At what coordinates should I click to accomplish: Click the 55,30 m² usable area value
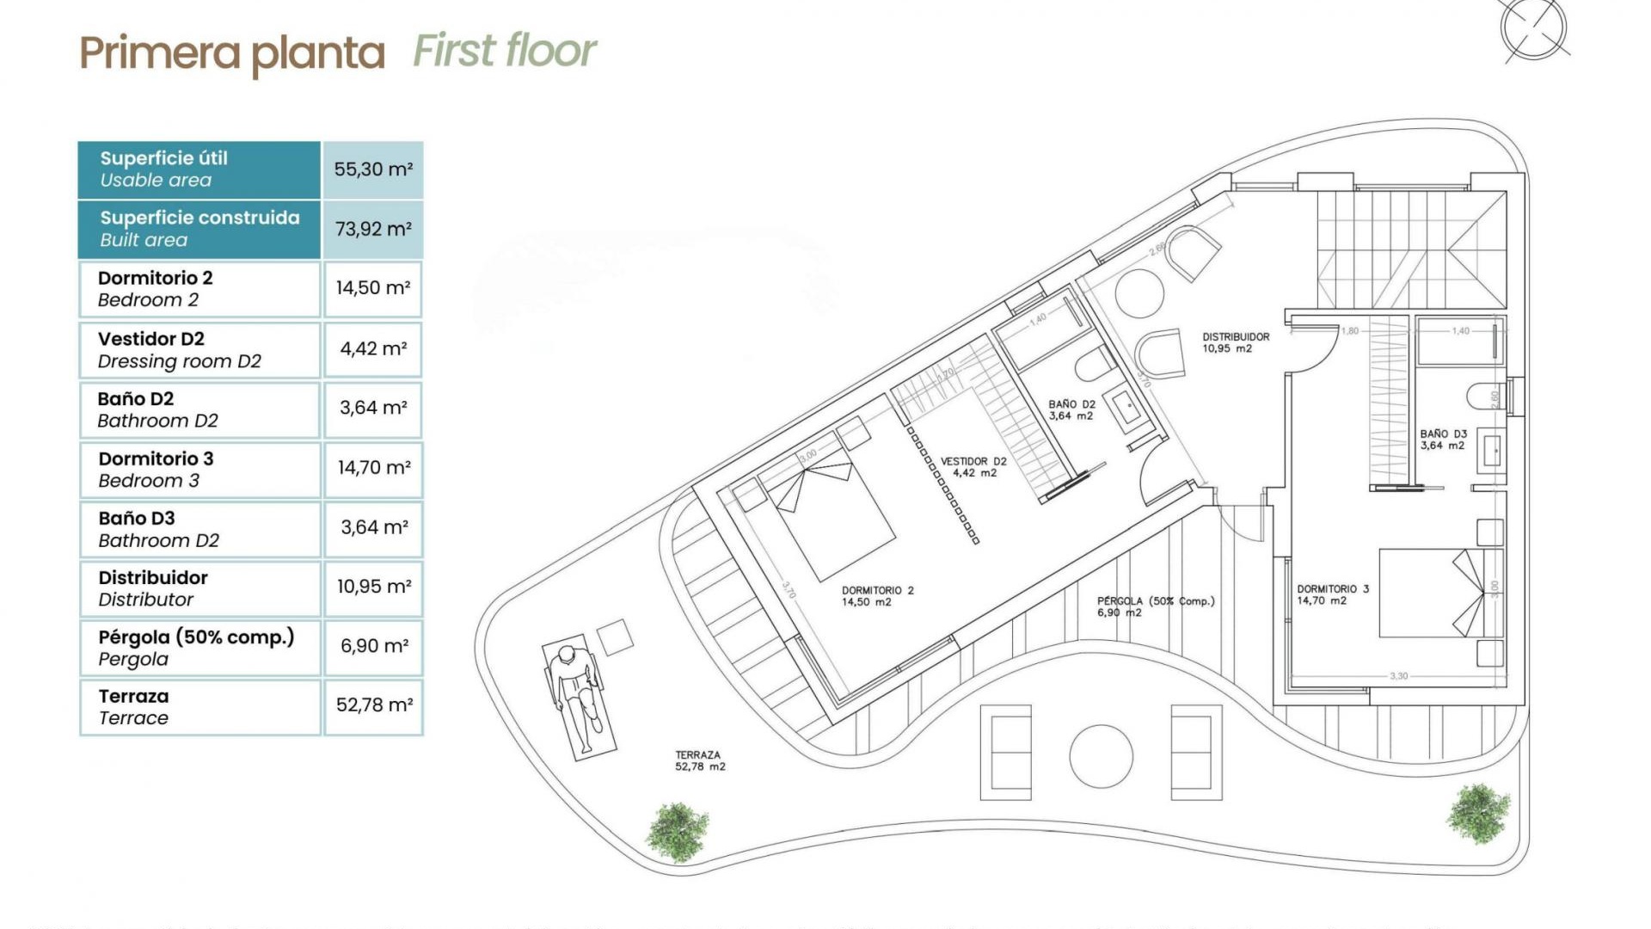click(x=373, y=169)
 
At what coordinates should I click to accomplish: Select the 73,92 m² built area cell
click(x=373, y=229)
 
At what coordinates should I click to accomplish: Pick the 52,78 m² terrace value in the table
click(x=373, y=705)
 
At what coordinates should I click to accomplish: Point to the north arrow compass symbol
click(x=1534, y=28)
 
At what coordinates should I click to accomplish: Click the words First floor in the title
click(x=504, y=51)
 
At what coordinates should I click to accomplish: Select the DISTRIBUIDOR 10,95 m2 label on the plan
click(x=1235, y=342)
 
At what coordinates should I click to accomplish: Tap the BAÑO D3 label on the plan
click(x=1443, y=440)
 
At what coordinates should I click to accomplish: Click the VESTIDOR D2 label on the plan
click(x=973, y=467)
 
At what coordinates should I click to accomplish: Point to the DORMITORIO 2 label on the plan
click(x=877, y=596)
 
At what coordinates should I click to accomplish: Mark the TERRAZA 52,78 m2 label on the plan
click(x=699, y=760)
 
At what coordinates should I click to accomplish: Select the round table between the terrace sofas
click(x=1101, y=756)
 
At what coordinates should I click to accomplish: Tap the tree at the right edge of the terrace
click(x=1478, y=813)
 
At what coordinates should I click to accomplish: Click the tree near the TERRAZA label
click(x=678, y=831)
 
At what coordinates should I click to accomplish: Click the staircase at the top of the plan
click(x=1410, y=249)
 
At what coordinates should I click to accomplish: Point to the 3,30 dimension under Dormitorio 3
click(x=1399, y=676)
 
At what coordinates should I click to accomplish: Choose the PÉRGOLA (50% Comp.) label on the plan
click(x=1155, y=606)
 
